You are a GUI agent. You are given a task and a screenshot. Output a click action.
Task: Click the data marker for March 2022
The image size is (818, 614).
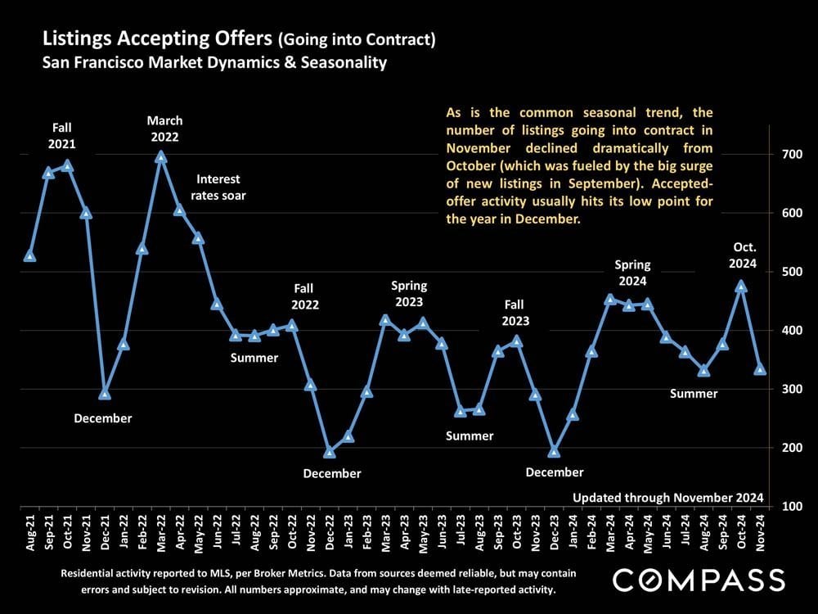point(160,156)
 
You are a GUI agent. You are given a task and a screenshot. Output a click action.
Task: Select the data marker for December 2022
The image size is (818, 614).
point(330,453)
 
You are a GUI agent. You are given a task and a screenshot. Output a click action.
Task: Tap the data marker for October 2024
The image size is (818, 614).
point(741,287)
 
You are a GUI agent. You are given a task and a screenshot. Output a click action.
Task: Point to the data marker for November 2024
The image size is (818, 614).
point(760,369)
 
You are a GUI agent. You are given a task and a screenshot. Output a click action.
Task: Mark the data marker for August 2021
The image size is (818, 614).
point(30,256)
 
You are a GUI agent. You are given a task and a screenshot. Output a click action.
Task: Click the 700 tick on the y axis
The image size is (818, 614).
point(790,155)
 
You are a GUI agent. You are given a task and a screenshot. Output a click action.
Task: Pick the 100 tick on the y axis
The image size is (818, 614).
point(790,506)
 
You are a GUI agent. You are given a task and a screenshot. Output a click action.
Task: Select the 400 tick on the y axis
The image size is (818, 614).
point(790,331)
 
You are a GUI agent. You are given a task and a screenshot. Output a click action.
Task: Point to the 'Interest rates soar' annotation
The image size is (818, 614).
point(218,187)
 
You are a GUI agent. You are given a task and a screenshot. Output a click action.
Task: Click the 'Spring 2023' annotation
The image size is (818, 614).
point(409,294)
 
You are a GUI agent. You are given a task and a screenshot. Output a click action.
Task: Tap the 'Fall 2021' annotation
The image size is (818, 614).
point(61,136)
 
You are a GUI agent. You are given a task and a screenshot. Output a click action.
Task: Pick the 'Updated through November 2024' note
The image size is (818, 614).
point(667,497)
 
